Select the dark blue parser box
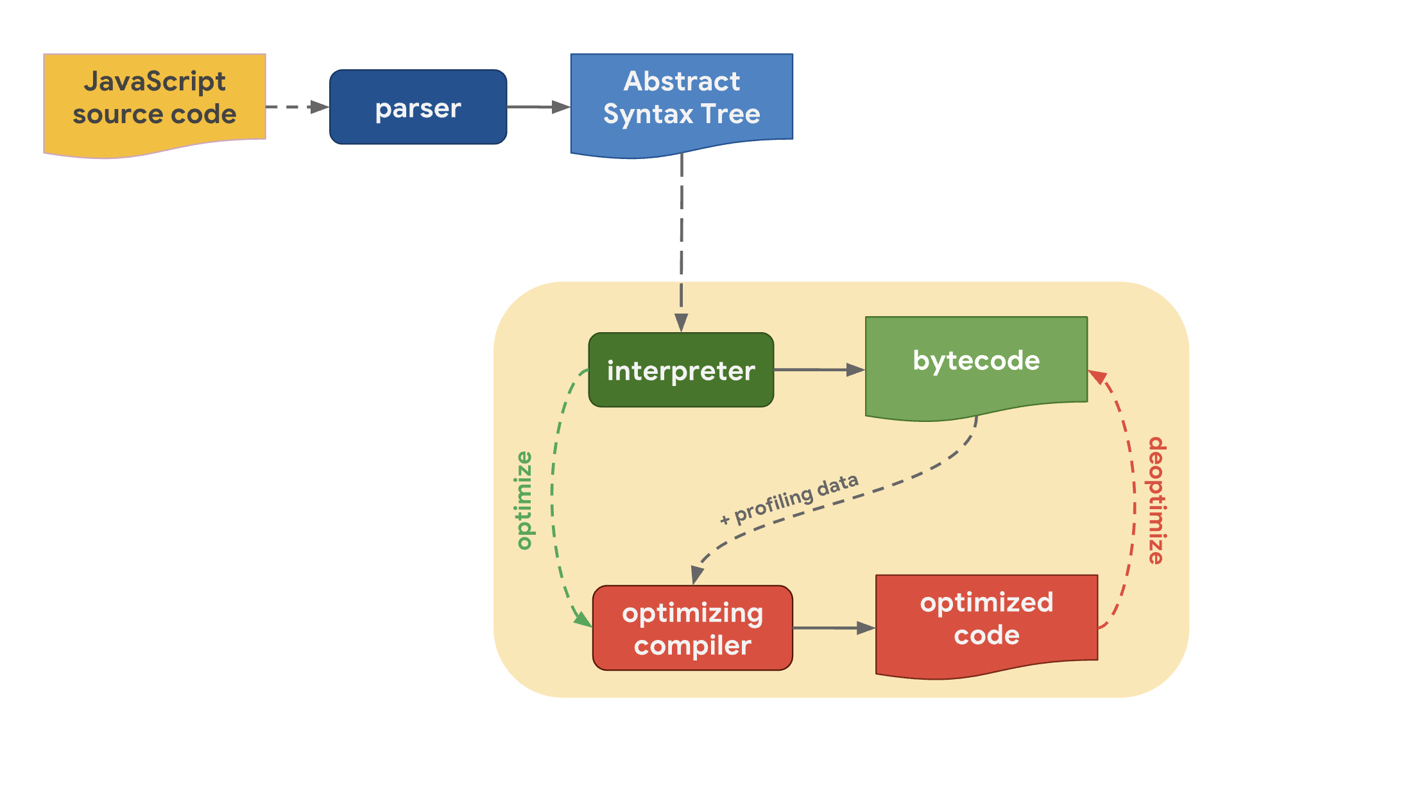pyautogui.click(x=418, y=107)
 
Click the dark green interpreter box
pyautogui.click(x=681, y=370)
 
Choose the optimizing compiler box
pyautogui.click(x=692, y=628)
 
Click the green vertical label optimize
pyautogui.click(x=524, y=500)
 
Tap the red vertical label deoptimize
pyautogui.click(x=1156, y=500)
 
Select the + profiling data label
pyautogui.click(x=789, y=499)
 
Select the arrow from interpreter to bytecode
pyautogui.click(x=818, y=370)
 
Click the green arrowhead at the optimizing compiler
pyautogui.click(x=583, y=619)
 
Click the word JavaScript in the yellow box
pyautogui.click(x=155, y=81)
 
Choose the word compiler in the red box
pyautogui.click(x=692, y=645)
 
